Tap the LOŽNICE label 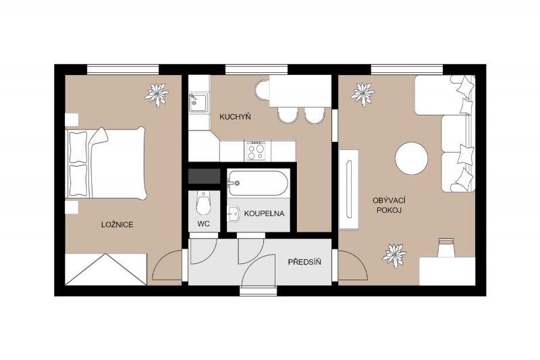pyautogui.click(x=117, y=225)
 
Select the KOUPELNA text pyautogui.click(x=264, y=213)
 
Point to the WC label pyautogui.click(x=204, y=224)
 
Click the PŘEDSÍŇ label pyautogui.click(x=304, y=262)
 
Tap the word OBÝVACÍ pyautogui.click(x=389, y=201)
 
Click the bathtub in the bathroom pyautogui.click(x=258, y=183)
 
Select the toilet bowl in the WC pyautogui.click(x=203, y=203)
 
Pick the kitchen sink pyautogui.click(x=198, y=103)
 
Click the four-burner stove pyautogui.click(x=256, y=151)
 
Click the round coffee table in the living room pyautogui.click(x=412, y=159)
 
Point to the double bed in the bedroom pyautogui.click(x=106, y=163)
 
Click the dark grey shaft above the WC pyautogui.click(x=205, y=176)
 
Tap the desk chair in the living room pyautogui.click(x=446, y=247)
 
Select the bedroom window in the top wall pyautogui.click(x=123, y=70)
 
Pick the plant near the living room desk pyautogui.click(x=394, y=255)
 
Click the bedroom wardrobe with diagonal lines pyautogui.click(x=106, y=269)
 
